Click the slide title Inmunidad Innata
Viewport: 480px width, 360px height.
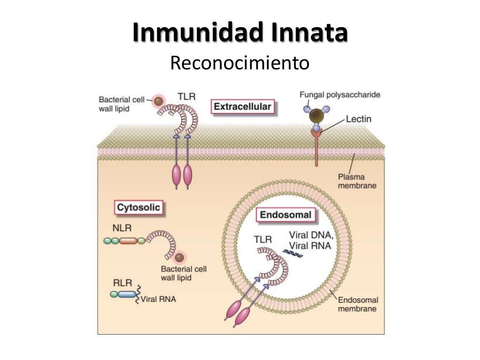[240, 33]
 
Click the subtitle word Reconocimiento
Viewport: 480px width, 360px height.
[240, 63]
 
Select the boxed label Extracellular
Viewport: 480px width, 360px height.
[242, 107]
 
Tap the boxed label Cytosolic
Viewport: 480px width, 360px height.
[138, 207]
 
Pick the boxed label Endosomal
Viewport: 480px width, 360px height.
[285, 215]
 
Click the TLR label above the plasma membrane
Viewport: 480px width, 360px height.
[186, 97]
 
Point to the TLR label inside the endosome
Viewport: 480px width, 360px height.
[262, 240]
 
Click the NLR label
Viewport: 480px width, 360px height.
[122, 228]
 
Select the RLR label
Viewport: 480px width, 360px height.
[122, 283]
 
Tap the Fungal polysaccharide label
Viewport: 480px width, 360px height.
[340, 95]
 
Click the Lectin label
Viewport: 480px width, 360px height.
[359, 119]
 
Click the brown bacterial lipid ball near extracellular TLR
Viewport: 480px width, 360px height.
[159, 100]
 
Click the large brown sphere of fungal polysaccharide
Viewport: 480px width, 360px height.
[317, 116]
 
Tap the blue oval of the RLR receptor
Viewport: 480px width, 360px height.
[127, 294]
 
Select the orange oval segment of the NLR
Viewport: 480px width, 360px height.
[127, 240]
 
